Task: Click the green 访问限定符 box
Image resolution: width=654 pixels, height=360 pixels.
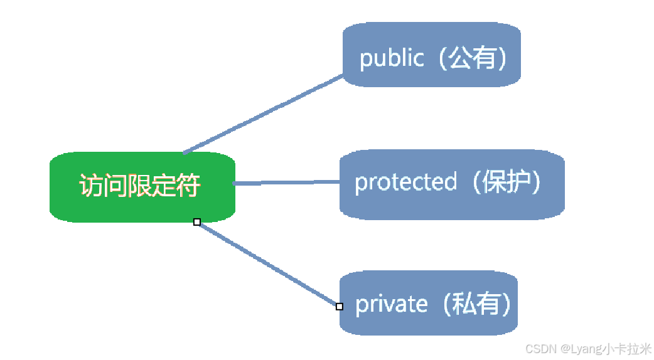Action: coord(142,186)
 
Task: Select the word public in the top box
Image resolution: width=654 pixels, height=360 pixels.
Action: coord(391,58)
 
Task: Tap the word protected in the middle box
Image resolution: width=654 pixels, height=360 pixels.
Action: coord(405,183)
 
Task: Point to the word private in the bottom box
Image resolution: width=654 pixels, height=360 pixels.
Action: coord(391,304)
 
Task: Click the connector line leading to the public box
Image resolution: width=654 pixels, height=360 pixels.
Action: coord(264,114)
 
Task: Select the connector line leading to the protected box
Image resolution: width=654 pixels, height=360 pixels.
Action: coord(286,183)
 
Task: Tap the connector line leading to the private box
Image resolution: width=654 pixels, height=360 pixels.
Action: coord(268,264)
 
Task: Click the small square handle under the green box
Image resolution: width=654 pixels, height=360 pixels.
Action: coord(197,222)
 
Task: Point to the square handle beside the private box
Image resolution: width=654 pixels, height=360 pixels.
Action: coord(340,307)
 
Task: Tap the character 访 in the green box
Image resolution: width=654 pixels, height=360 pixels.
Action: coord(90,186)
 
